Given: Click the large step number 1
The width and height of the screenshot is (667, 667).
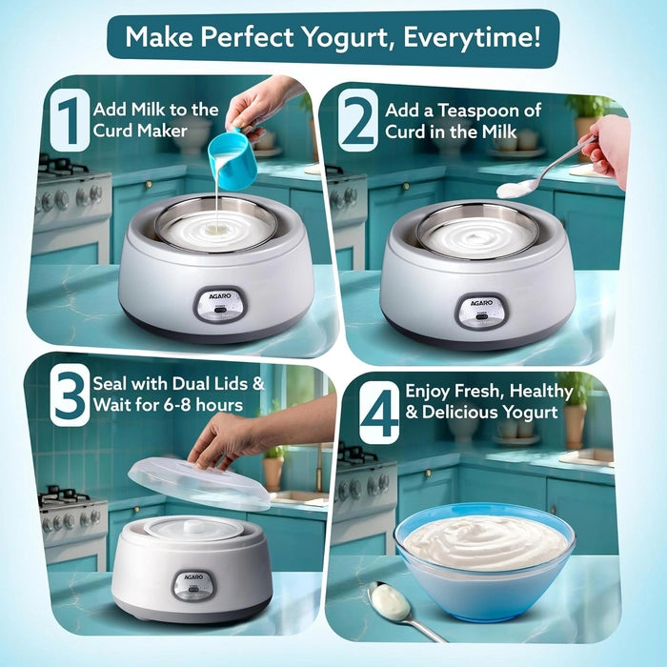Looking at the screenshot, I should (x=69, y=121).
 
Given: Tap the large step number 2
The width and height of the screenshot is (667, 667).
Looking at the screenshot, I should (x=358, y=121).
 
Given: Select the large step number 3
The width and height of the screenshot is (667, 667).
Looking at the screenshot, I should (x=70, y=397).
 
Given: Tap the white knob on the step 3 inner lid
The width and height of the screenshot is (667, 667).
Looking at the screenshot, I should (x=194, y=526).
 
